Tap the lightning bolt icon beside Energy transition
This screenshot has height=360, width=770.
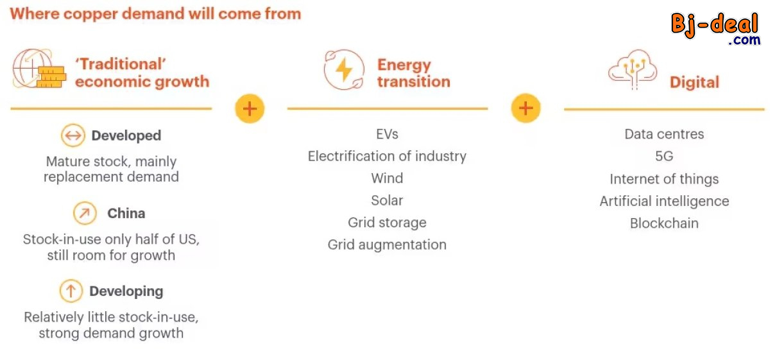point(344,69)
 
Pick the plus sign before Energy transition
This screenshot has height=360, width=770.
point(250,109)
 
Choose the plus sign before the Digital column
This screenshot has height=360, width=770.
point(526,108)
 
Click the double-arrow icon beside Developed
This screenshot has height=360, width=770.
point(73,135)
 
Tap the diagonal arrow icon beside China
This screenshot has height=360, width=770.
point(84,213)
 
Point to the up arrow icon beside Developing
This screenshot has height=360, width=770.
point(71,291)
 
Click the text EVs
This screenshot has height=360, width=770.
point(387,134)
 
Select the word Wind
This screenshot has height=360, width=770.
point(387,178)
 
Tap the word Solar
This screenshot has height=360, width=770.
point(387,200)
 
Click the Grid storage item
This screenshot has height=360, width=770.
point(387,223)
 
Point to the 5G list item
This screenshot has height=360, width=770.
point(664,157)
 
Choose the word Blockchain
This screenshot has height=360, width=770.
point(664,223)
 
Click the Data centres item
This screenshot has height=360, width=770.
point(664,134)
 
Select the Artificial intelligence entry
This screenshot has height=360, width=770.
point(664,201)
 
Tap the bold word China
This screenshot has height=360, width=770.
point(126,213)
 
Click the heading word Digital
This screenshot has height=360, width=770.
point(694,82)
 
